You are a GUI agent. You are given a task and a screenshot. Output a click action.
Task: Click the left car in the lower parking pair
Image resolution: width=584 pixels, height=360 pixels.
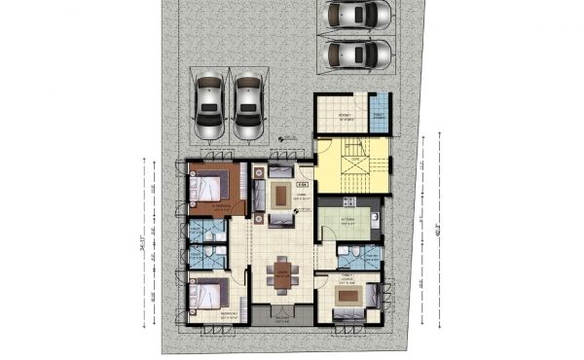[208, 106]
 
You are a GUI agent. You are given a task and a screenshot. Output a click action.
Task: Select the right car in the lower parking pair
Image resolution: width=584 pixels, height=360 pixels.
[249, 106]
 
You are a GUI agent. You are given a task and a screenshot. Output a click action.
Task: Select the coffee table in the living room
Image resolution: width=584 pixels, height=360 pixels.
[281, 195]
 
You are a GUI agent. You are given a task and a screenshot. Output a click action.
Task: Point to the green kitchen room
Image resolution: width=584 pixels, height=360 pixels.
[342, 221]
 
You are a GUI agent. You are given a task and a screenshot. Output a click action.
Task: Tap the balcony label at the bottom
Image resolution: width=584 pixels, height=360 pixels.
[282, 320]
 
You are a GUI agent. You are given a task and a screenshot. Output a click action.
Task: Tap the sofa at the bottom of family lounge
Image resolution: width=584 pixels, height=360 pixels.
[347, 314]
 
